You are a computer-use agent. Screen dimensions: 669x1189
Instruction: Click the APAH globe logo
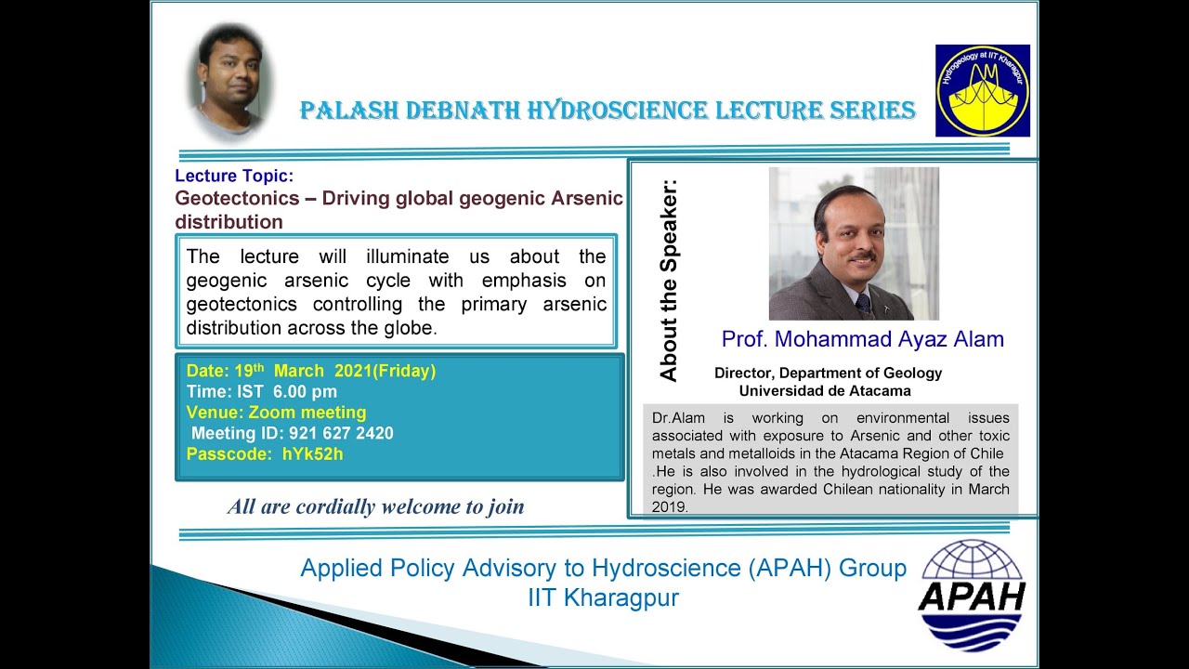coord(971,594)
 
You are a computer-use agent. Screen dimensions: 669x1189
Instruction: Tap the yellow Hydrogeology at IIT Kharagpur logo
coord(982,90)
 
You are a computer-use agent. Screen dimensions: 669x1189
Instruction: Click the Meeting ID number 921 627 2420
coord(341,433)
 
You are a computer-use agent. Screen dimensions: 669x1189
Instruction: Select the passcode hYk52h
coord(312,454)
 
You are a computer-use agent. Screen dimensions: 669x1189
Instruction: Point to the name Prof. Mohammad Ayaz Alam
coord(862,339)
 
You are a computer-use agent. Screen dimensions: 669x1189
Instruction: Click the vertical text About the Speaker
coord(668,280)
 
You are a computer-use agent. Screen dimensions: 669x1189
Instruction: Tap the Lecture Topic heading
coord(234,176)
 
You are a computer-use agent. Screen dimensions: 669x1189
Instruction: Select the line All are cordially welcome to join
coord(375,506)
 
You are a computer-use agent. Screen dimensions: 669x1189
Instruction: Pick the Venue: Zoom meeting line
coord(276,413)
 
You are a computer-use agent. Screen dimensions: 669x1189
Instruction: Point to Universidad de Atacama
coord(824,391)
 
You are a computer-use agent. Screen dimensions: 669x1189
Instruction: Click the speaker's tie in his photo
coord(863,303)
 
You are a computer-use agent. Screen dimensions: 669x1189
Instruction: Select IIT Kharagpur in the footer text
coord(603,597)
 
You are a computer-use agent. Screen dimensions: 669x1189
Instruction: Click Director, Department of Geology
coord(828,373)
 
